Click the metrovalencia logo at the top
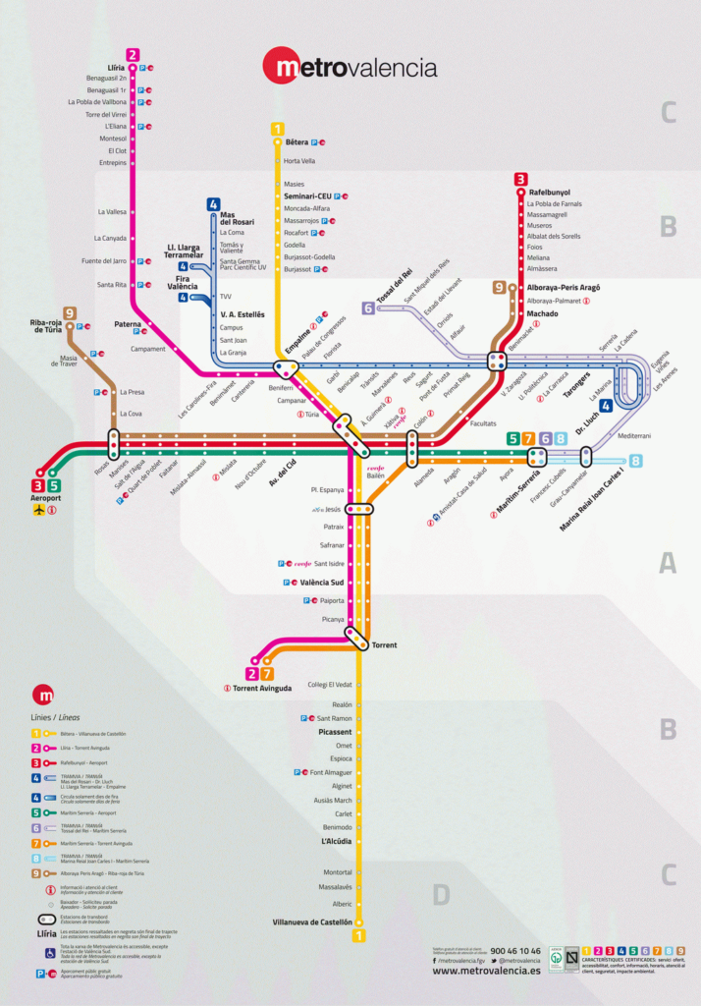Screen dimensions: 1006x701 [350, 67]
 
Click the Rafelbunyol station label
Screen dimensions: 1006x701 [549, 193]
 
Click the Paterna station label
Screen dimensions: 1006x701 [127, 324]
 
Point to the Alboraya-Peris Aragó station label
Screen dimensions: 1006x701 [563, 288]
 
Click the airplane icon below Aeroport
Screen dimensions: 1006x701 [39, 510]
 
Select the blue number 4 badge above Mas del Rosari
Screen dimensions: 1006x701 [213, 204]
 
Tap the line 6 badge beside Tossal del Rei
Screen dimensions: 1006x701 [368, 308]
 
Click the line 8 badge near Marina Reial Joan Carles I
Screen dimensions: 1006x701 [636, 461]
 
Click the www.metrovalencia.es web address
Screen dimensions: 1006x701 [486, 971]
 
